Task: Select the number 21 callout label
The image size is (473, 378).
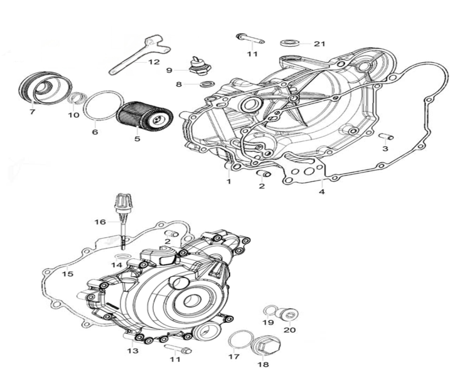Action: pos(320,44)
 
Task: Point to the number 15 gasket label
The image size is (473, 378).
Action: pos(68,274)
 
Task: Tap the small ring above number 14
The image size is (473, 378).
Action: pos(122,257)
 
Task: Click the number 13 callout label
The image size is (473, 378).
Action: pos(133,351)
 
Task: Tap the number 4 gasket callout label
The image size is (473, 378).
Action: pos(322,192)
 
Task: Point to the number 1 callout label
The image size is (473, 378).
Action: pos(229,181)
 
